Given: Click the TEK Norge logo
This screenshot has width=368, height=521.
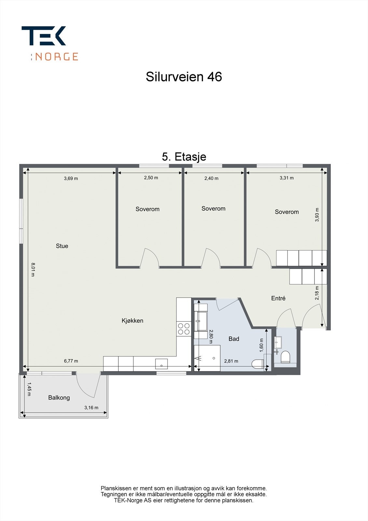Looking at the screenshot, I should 50,43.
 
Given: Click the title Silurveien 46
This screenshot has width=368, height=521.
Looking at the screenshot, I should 184,77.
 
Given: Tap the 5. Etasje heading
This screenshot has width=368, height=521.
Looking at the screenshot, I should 184,157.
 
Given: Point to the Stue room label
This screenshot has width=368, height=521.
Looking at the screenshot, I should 62,246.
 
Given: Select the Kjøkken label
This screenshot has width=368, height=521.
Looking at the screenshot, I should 132,321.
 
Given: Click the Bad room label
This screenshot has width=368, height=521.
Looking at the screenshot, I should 234,339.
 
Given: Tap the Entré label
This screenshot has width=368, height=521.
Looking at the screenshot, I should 278,298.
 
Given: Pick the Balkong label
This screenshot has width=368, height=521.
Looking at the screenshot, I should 59,398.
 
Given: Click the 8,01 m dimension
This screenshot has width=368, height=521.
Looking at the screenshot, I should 33,270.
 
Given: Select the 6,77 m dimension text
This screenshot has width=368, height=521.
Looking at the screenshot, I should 71,361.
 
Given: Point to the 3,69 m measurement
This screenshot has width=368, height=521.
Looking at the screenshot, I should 71,178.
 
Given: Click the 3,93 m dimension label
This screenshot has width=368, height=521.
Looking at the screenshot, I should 317,215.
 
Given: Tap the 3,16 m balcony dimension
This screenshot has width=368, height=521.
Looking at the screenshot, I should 91,408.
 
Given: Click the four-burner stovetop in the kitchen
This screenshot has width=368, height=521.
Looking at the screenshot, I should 184,329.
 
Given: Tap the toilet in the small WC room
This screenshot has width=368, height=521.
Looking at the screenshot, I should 285,357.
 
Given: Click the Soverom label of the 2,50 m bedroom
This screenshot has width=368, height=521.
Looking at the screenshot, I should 147,209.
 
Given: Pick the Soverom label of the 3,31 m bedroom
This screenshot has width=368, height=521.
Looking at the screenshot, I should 287,212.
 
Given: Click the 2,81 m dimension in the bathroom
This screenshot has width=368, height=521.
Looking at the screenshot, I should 231,361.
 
